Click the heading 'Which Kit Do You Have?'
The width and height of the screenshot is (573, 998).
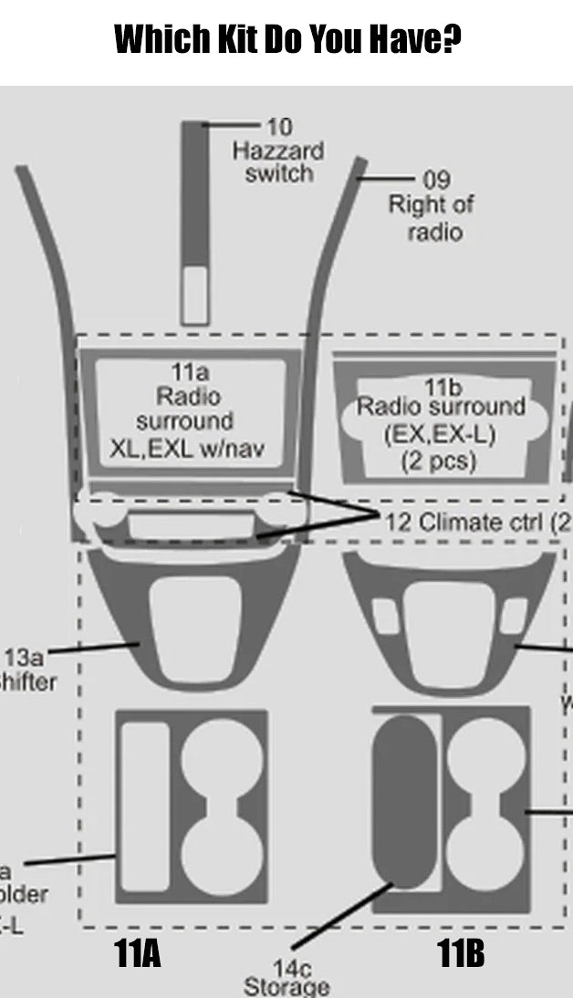pyautogui.click(x=286, y=38)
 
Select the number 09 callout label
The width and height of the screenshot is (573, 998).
pyautogui.click(x=436, y=180)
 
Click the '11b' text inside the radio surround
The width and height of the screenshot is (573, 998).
pyautogui.click(x=443, y=387)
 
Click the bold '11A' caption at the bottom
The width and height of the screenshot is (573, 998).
pyautogui.click(x=138, y=954)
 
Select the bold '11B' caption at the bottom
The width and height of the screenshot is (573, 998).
pyautogui.click(x=460, y=954)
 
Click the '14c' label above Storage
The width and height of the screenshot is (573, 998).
pyautogui.click(x=286, y=969)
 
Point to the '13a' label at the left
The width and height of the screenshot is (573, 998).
pyautogui.click(x=24, y=657)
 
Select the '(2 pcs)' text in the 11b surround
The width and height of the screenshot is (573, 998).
pyautogui.click(x=439, y=461)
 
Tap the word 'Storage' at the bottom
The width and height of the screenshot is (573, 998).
pyautogui.click(x=286, y=987)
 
